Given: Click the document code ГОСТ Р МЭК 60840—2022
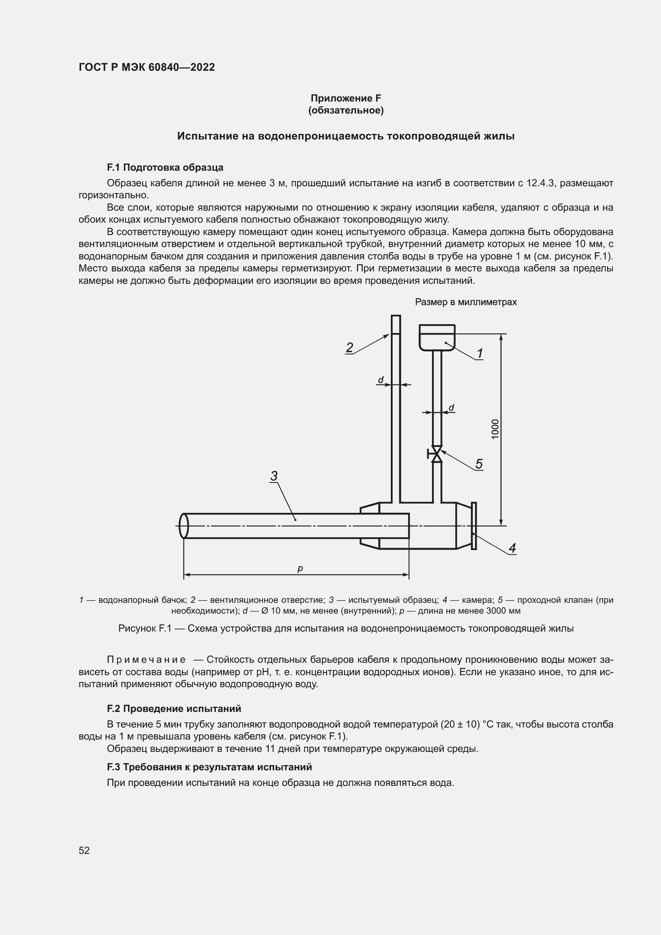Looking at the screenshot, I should (147, 68).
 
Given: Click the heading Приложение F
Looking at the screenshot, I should (346, 98).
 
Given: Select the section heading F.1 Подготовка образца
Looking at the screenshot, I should (165, 167).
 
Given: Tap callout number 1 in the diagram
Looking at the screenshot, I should (480, 353).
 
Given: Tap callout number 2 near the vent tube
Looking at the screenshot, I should (349, 347).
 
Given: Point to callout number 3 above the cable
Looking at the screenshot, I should (274, 476).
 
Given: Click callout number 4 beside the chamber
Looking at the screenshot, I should (512, 548).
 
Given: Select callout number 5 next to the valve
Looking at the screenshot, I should (479, 463).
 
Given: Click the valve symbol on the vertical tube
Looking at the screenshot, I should (437, 454).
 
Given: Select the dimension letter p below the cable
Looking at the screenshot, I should (300, 568).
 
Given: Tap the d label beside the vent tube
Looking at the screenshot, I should (380, 380).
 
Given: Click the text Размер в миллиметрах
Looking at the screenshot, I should (466, 302).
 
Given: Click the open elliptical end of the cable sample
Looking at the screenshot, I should (183, 526).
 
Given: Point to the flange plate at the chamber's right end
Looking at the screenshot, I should (474, 526).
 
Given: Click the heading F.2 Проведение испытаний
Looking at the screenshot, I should (174, 709).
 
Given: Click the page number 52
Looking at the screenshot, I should (84, 850).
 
